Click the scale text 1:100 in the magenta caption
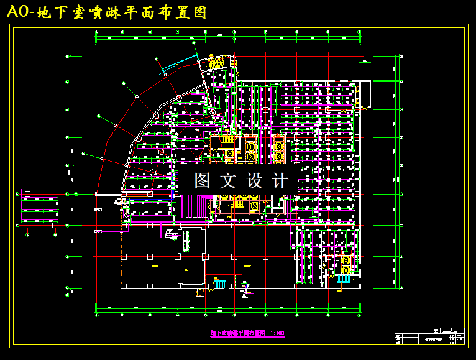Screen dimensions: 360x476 [277, 334]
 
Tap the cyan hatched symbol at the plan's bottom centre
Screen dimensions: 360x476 [219, 285]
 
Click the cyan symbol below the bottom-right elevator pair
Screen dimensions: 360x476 [344, 279]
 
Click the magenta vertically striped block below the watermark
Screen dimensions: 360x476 [193, 206]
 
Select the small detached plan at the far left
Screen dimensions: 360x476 [40, 210]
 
